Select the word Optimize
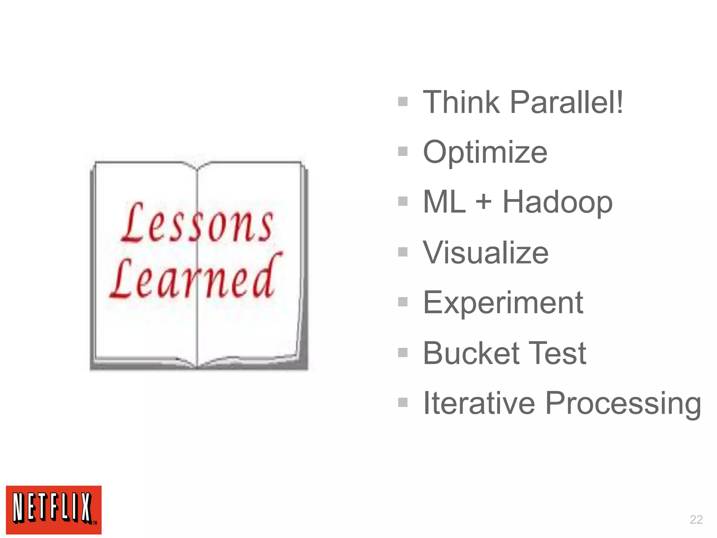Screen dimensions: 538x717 point(485,152)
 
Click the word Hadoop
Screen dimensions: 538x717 point(557,202)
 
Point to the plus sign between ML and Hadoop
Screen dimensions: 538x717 point(483,202)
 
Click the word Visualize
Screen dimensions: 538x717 point(486,252)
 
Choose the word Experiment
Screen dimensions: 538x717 point(503,303)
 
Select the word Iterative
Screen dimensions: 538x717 point(479,403)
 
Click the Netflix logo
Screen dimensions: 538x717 point(54,510)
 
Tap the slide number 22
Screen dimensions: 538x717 point(696,519)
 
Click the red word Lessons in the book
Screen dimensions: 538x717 point(197,223)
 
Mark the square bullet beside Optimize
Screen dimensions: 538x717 point(403,151)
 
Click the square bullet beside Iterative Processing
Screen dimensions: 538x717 point(403,402)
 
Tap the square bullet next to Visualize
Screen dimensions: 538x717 point(403,252)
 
